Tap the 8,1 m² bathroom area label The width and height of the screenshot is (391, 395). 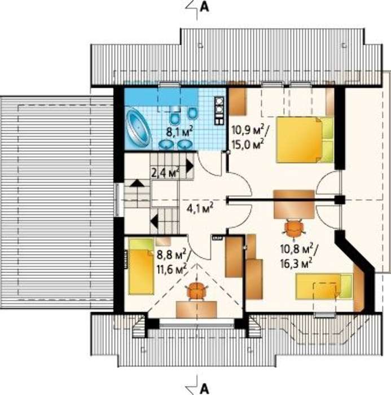[x=181, y=131]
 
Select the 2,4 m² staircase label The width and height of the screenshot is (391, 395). [x=166, y=173]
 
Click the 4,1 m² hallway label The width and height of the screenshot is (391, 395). [x=200, y=208]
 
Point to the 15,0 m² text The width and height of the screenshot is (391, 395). [x=248, y=144]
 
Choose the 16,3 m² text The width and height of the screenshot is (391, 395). [x=296, y=264]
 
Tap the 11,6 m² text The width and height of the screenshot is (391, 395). [x=172, y=269]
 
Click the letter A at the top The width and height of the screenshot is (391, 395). [x=204, y=7]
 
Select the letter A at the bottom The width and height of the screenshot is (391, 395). [x=204, y=389]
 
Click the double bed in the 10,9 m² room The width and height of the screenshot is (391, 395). [x=305, y=139]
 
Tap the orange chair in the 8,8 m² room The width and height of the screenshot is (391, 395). [x=197, y=291]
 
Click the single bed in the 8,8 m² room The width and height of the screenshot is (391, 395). [x=141, y=266]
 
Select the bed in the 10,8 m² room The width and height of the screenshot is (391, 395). [x=324, y=287]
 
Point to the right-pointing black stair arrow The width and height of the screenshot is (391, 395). [x=190, y=166]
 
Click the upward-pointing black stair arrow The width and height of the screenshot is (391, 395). [x=137, y=183]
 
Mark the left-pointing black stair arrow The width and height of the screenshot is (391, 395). [x=154, y=221]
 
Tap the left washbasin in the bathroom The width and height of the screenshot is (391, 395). [x=165, y=144]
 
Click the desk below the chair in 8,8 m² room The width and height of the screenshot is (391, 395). [x=196, y=309]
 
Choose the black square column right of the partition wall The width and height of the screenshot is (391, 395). [x=340, y=200]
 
